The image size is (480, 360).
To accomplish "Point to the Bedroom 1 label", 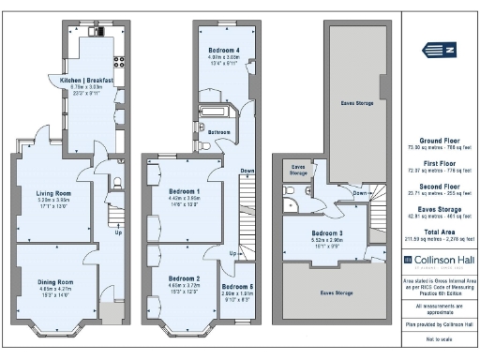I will (x=184, y=191).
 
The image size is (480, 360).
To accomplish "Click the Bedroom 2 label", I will (x=184, y=278).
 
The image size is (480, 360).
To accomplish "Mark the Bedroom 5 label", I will (x=237, y=286).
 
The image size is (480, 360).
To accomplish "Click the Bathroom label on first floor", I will (x=219, y=132).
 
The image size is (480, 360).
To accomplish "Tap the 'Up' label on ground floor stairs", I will (x=117, y=233).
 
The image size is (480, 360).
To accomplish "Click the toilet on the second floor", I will (x=292, y=188).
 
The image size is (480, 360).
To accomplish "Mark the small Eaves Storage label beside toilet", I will (x=297, y=170).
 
